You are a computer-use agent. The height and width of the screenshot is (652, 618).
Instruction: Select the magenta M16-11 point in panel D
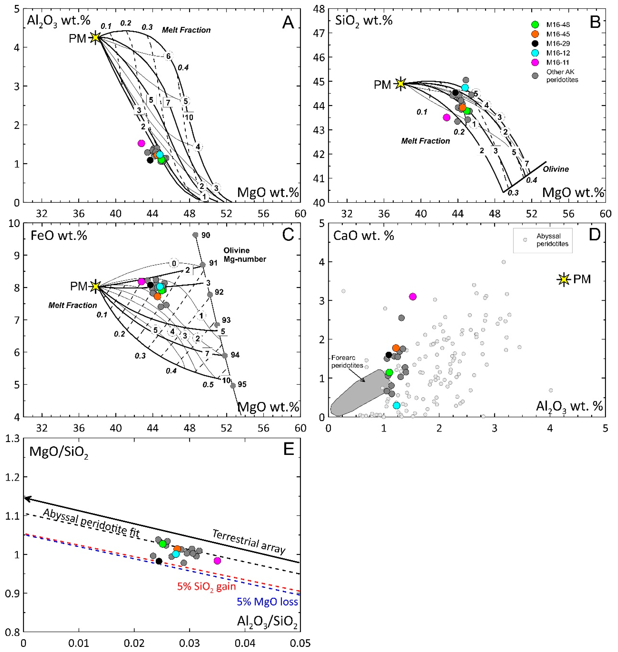(x=413, y=297)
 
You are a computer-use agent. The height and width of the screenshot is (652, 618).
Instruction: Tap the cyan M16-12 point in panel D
(x=397, y=405)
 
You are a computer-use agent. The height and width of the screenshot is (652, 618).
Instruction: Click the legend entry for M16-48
(x=558, y=24)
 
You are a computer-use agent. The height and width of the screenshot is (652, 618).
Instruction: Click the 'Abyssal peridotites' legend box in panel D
(x=543, y=240)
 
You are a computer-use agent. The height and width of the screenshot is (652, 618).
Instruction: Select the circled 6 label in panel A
(x=168, y=56)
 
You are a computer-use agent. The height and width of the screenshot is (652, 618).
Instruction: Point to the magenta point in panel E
(x=217, y=561)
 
